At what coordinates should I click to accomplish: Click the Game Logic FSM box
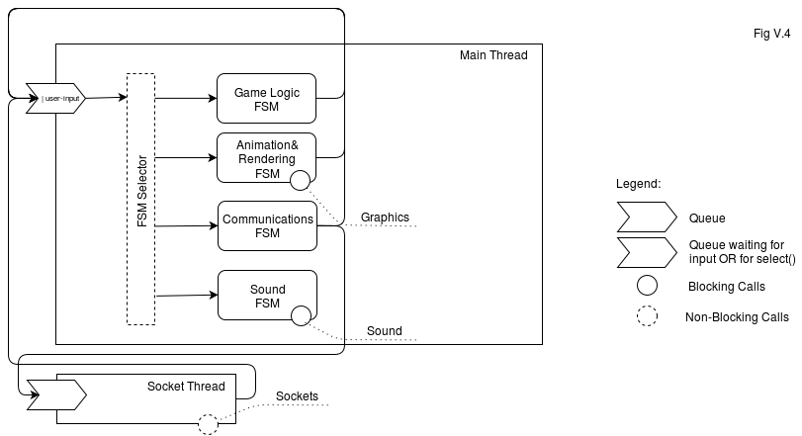pyautogui.click(x=266, y=98)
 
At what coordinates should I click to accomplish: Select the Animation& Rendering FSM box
pyautogui.click(x=266, y=157)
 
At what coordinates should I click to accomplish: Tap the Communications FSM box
pyautogui.click(x=267, y=225)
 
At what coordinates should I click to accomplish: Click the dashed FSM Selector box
pyautogui.click(x=141, y=199)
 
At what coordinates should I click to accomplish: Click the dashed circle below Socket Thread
pyautogui.click(x=208, y=425)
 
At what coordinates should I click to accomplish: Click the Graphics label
pyautogui.click(x=385, y=218)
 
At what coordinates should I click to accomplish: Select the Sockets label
pyautogui.click(x=297, y=396)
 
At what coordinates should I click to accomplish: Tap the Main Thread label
pyautogui.click(x=493, y=55)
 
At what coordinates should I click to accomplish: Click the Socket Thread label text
pyautogui.click(x=186, y=386)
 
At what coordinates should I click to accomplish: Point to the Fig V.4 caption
pyautogui.click(x=771, y=34)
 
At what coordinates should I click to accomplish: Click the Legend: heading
pyautogui.click(x=638, y=185)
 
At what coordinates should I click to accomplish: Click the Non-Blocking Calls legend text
pyautogui.click(x=737, y=318)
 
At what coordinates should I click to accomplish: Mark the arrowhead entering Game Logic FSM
pyautogui.click(x=211, y=98)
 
